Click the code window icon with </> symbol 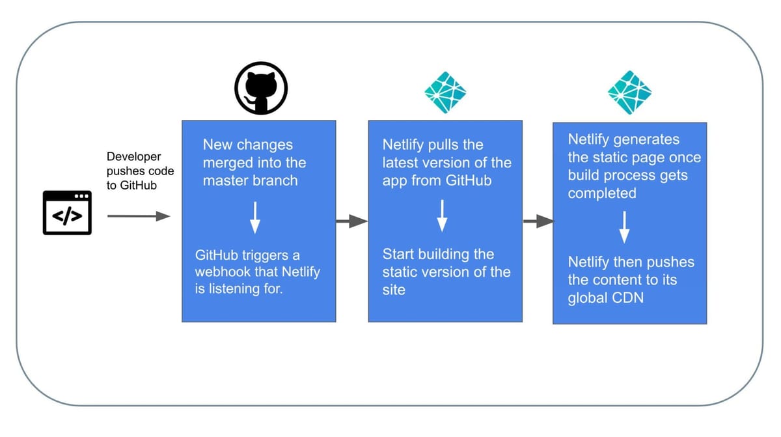point(67,213)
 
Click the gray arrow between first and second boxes point(351,222)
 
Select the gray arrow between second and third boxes point(538,222)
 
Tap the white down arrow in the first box point(255,217)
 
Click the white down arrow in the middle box point(443,216)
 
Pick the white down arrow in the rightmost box point(624,226)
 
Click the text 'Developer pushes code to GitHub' point(139,170)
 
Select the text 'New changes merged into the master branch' point(254,162)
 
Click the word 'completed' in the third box point(602,193)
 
